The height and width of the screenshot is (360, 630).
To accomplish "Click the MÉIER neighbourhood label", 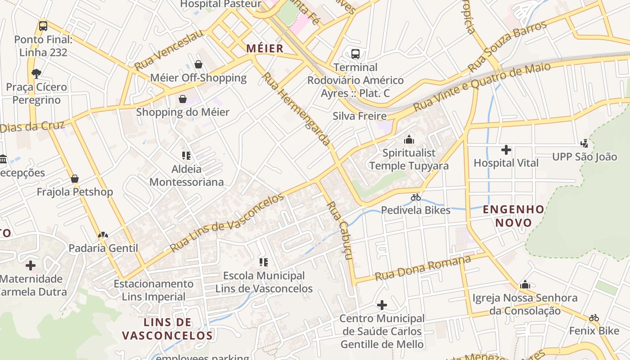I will tap(265, 48).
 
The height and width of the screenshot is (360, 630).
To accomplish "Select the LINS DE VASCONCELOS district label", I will tap(167, 329).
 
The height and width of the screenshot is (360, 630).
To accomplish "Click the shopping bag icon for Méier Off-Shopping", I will tap(198, 65).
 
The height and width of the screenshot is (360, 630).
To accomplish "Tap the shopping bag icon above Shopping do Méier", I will tap(183, 99).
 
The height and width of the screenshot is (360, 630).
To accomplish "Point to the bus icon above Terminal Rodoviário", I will tap(355, 54).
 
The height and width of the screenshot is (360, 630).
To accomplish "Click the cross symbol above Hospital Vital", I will tap(506, 150).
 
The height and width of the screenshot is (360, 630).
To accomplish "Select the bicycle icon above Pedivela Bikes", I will tap(415, 197).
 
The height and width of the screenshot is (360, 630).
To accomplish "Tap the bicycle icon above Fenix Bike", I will tap(594, 318).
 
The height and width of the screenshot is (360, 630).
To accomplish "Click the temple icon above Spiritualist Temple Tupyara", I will tap(409, 139).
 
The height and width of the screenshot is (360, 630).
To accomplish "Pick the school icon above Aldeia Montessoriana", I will tap(186, 156).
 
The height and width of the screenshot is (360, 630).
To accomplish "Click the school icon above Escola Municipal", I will tap(264, 262).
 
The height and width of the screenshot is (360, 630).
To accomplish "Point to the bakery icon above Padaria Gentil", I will tap(103, 235).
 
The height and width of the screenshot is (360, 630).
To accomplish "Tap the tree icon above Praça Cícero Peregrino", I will tap(36, 73).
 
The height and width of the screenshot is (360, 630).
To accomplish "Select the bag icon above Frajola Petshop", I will tap(75, 179).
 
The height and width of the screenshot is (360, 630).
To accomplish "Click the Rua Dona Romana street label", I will tap(423, 268).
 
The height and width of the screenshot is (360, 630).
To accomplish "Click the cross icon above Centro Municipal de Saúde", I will tap(382, 306).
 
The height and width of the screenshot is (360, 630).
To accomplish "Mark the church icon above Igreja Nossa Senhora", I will tap(525, 284).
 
